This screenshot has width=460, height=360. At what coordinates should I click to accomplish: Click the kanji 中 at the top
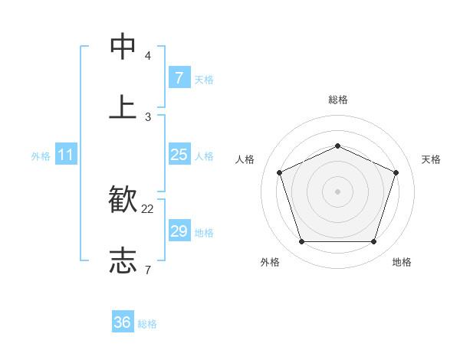click(123, 47)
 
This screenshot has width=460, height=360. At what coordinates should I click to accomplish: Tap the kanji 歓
click(123, 200)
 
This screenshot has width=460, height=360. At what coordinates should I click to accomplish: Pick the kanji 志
click(123, 260)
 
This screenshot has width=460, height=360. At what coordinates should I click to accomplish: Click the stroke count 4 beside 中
click(148, 56)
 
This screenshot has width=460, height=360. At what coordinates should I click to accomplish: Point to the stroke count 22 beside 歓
click(148, 208)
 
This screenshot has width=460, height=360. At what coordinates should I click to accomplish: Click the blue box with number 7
click(179, 78)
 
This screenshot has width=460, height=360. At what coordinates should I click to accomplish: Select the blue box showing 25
click(179, 155)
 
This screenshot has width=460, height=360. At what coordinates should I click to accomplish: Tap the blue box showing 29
click(179, 231)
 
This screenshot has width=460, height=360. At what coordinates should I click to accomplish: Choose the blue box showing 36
click(123, 322)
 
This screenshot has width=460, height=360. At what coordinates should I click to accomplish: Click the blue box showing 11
click(66, 155)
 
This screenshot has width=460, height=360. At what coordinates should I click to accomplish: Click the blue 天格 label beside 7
click(204, 79)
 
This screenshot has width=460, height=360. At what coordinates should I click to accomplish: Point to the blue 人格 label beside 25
click(204, 155)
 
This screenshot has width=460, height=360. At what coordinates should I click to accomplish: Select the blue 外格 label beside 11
click(41, 155)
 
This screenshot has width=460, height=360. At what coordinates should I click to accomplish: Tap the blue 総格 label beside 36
click(147, 324)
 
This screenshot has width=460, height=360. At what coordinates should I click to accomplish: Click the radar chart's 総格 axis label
click(337, 100)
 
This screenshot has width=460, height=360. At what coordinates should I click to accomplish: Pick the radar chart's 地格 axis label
click(402, 262)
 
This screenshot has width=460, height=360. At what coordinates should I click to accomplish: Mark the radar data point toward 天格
click(396, 172)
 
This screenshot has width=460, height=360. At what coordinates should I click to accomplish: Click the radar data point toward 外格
click(301, 242)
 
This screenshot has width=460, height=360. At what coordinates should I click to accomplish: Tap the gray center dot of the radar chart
click(337, 191)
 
